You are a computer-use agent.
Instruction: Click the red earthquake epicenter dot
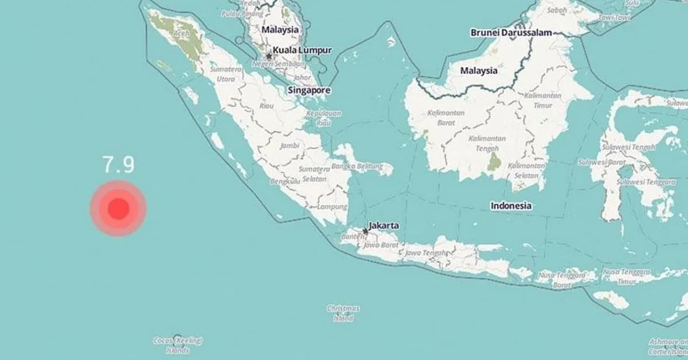(x=118, y=209)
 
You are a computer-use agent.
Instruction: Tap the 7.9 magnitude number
(x=119, y=165)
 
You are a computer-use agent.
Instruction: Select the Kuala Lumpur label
(x=302, y=50)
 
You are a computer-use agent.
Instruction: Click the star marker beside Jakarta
(x=365, y=231)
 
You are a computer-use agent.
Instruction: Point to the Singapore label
(x=309, y=90)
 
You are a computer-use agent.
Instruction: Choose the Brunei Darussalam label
(x=511, y=33)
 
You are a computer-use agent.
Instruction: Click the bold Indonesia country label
(x=511, y=205)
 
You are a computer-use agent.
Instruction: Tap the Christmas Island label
(x=343, y=313)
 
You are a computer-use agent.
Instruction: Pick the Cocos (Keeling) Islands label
(x=178, y=345)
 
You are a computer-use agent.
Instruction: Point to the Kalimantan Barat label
(x=445, y=118)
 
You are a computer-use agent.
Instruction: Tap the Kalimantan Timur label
(x=542, y=100)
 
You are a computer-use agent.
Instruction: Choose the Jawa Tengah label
(x=425, y=252)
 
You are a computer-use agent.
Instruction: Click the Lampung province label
(x=333, y=206)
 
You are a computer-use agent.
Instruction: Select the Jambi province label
(x=290, y=145)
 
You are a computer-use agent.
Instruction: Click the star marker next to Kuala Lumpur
(x=269, y=56)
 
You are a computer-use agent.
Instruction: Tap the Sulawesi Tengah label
(x=628, y=147)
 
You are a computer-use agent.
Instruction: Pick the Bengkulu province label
(x=285, y=181)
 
